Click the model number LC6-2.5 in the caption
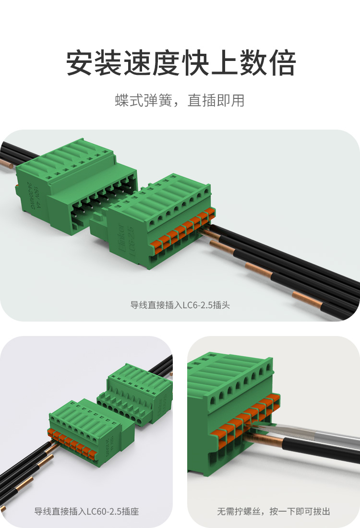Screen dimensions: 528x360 pyautogui.click(x=196, y=305)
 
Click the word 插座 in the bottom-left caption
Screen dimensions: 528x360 pyautogui.click(x=131, y=512)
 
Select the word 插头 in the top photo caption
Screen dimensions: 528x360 pyautogui.click(x=221, y=305)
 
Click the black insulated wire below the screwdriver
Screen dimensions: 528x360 pyautogui.click(x=326, y=454)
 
